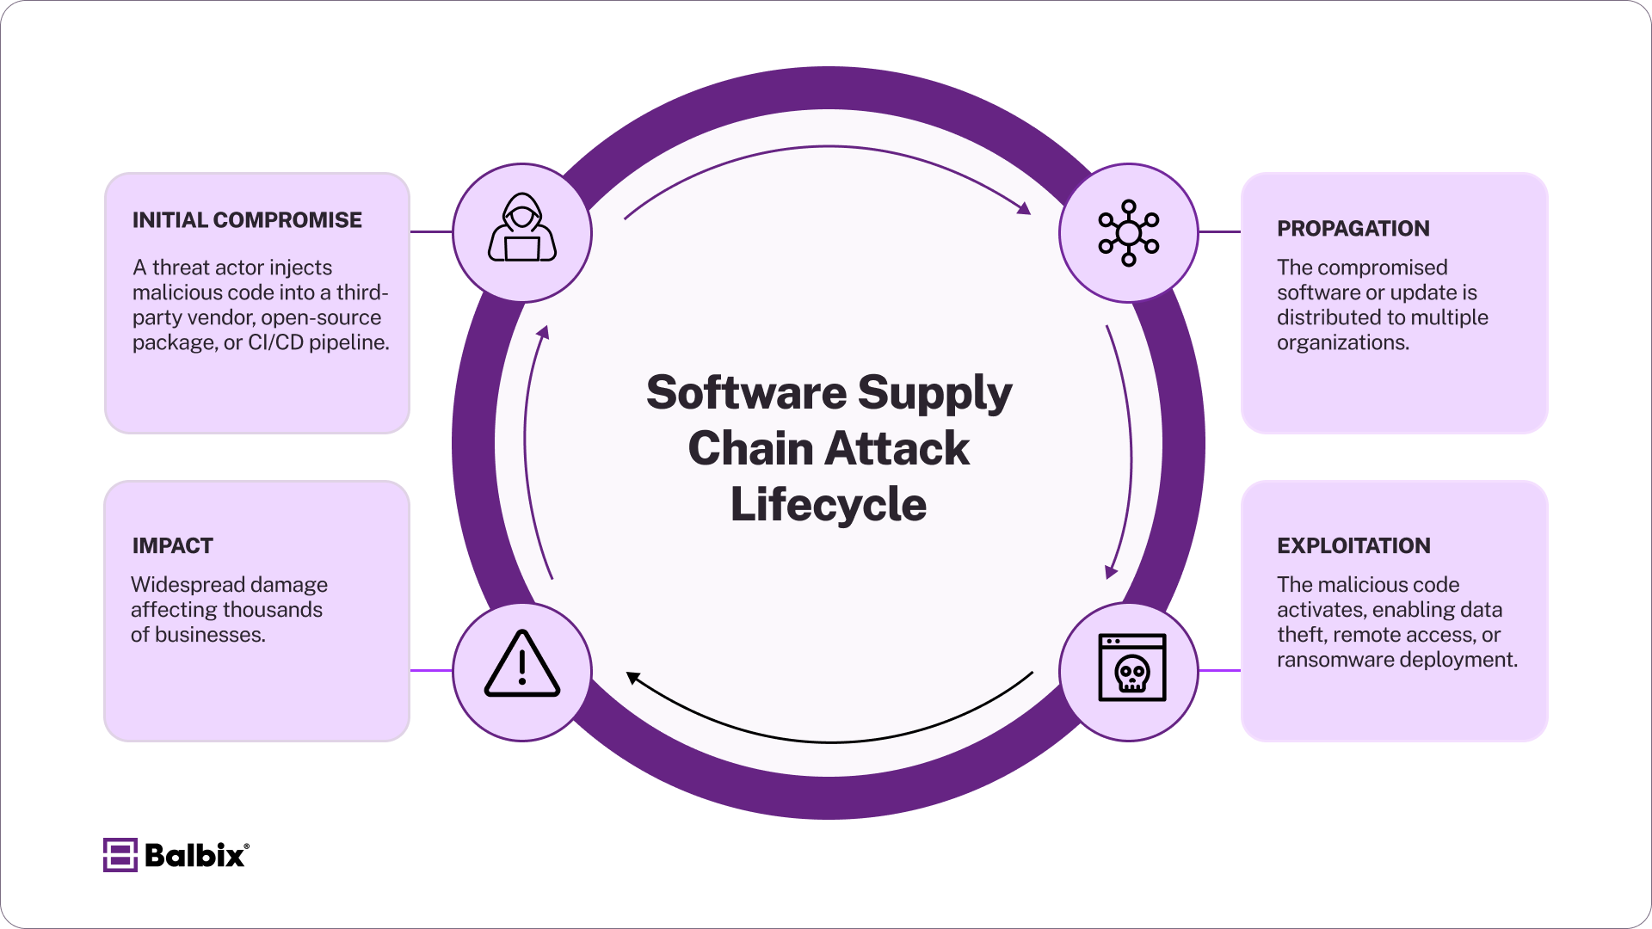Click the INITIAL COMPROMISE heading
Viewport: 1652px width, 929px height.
tap(247, 220)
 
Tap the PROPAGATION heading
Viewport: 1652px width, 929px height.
tap(1353, 229)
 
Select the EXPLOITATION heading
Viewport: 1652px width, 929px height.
tap(1353, 546)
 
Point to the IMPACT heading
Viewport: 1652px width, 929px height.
tap(172, 546)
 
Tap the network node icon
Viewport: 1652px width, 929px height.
tap(1129, 233)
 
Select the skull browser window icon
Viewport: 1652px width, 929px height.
tap(1132, 668)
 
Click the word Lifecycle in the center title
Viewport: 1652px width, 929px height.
tap(829, 505)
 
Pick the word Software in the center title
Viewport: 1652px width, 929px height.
tap(746, 393)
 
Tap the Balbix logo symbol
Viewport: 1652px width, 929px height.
tap(120, 855)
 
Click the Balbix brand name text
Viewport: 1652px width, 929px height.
tap(194, 856)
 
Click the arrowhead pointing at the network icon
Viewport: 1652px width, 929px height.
tap(1023, 208)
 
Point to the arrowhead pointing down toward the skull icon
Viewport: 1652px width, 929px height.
tap(1111, 571)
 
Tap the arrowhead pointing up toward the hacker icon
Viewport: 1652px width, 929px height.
tap(543, 333)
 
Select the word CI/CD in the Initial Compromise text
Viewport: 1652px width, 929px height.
tap(275, 342)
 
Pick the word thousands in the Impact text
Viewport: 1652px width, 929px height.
tap(275, 610)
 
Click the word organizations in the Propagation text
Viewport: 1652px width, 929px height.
tap(1342, 342)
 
